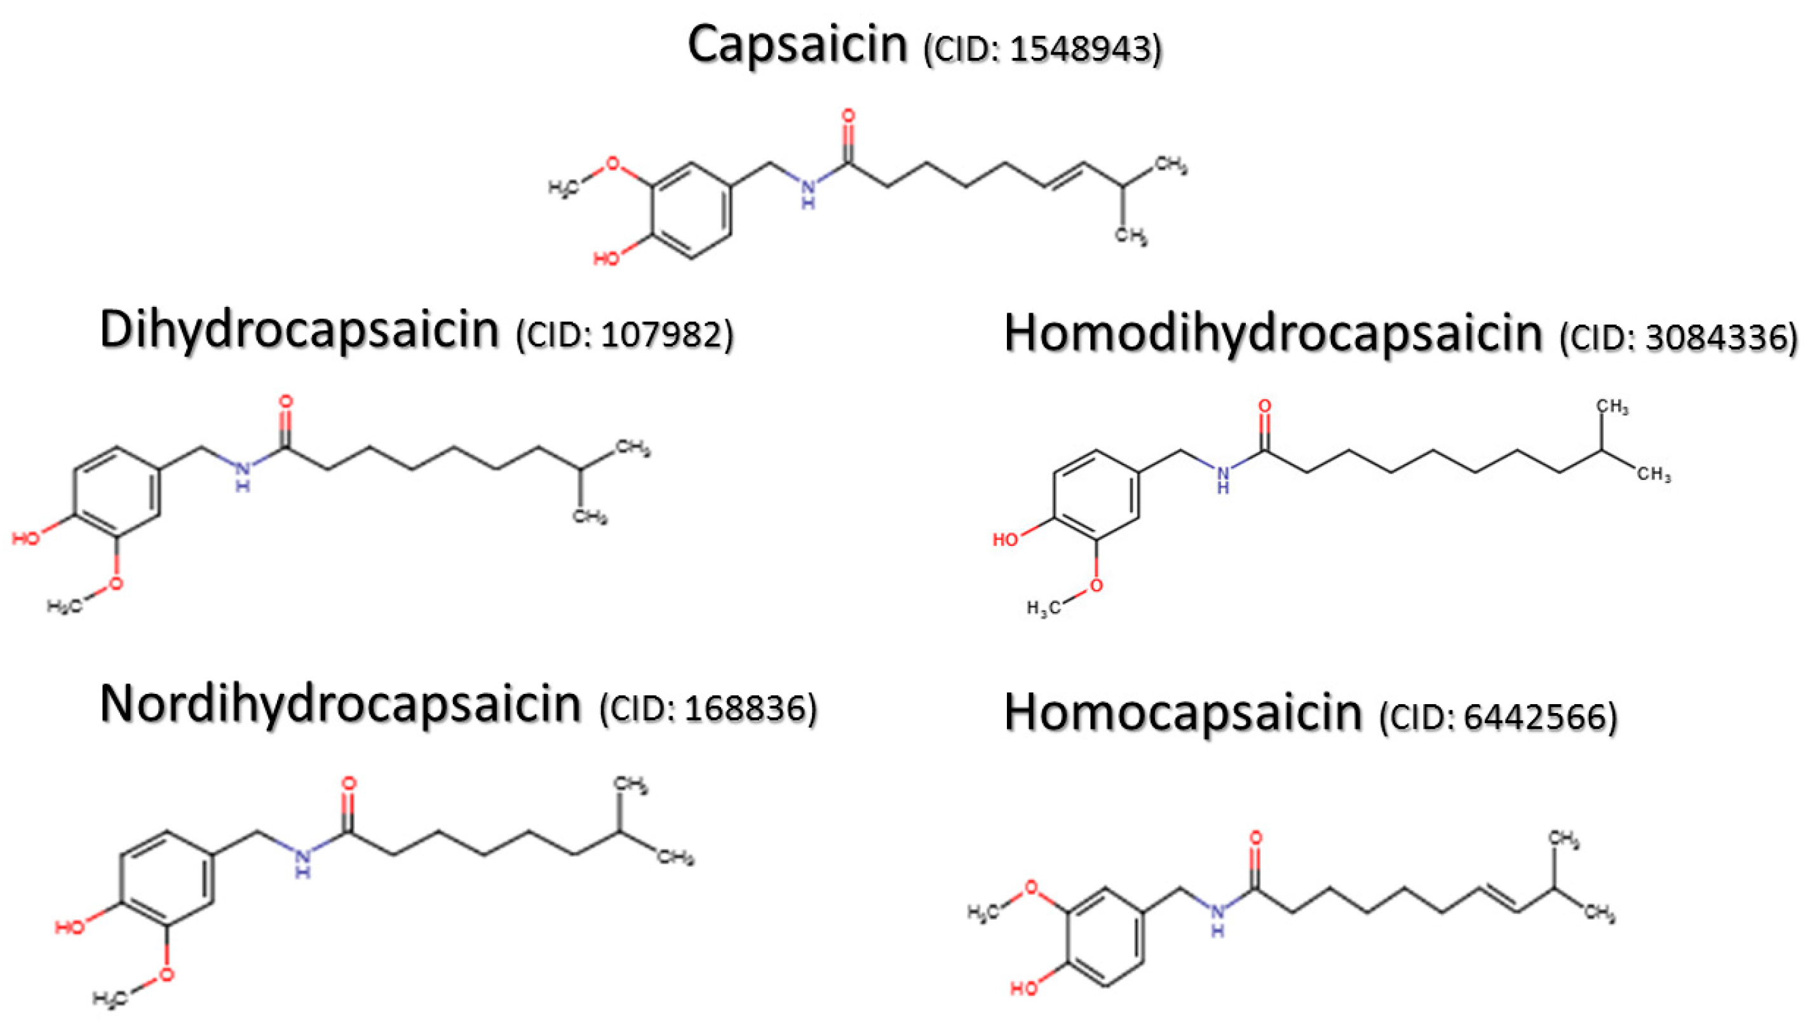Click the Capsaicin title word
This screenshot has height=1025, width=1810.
797,44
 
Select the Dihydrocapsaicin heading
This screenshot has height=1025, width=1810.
299,329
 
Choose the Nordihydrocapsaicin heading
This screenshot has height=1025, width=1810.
341,703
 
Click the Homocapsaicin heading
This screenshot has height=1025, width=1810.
1182,712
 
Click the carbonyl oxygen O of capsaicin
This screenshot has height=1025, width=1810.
848,116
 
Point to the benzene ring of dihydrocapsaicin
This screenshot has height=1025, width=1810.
116,491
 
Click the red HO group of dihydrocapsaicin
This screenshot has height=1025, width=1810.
27,538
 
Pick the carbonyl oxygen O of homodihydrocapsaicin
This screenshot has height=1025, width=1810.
1265,406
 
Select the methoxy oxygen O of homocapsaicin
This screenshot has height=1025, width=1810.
1031,887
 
